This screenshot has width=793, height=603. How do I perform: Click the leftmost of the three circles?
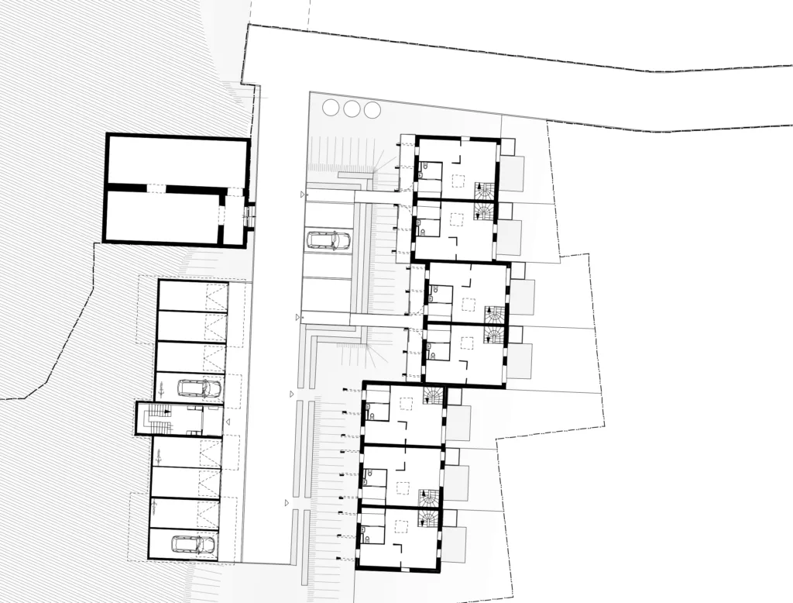click(x=331, y=109)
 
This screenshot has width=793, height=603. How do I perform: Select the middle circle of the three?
click(x=352, y=109)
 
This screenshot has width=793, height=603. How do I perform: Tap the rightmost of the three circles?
click(x=372, y=109)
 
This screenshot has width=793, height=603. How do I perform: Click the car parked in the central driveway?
click(x=328, y=240)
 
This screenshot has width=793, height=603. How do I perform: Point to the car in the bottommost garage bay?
click(x=193, y=544)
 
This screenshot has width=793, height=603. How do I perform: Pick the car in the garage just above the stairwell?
click(x=200, y=388)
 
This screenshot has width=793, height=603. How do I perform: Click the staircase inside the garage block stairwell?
click(x=159, y=419)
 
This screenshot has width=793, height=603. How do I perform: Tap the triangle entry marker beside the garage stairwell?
click(x=228, y=422)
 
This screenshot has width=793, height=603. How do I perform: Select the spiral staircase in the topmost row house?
click(x=484, y=191)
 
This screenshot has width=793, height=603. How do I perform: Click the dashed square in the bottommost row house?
click(x=401, y=526)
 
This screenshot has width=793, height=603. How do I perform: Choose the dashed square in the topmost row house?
click(x=458, y=181)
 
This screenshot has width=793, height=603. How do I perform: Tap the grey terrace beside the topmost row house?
click(x=511, y=174)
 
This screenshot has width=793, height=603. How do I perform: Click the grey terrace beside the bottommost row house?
click(x=455, y=545)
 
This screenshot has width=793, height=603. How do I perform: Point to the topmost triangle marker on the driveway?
click(x=302, y=195)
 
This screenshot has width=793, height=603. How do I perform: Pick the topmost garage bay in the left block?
click(x=192, y=295)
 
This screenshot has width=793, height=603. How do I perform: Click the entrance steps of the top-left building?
click(x=249, y=215)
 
